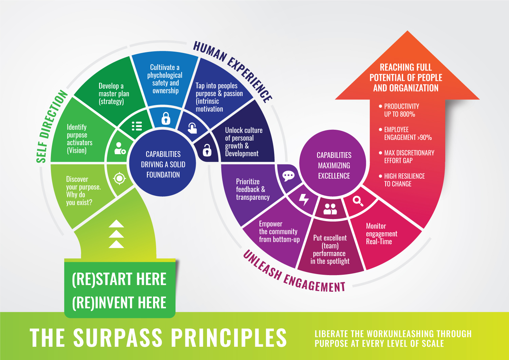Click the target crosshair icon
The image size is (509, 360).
tap(119, 178)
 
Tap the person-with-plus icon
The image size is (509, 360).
tap(119, 148)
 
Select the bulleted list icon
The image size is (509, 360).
tap(137, 126)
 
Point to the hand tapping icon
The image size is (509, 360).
tap(192, 128)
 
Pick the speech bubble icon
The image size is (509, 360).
tap(288, 176)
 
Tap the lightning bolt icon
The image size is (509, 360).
tap(304, 200)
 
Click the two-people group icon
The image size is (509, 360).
tap(330, 209)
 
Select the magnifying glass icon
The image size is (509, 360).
tap(358, 201)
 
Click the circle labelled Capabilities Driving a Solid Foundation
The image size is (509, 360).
tap(163, 164)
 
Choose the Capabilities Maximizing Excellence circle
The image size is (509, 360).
tap(334, 165)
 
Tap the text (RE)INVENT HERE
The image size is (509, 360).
tap(119, 303)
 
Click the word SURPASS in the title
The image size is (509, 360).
tap(118, 338)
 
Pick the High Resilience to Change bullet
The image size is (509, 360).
tap(404, 180)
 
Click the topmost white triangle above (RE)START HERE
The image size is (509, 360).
tap(116, 223)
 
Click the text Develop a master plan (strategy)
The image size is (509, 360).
tap(114, 94)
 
